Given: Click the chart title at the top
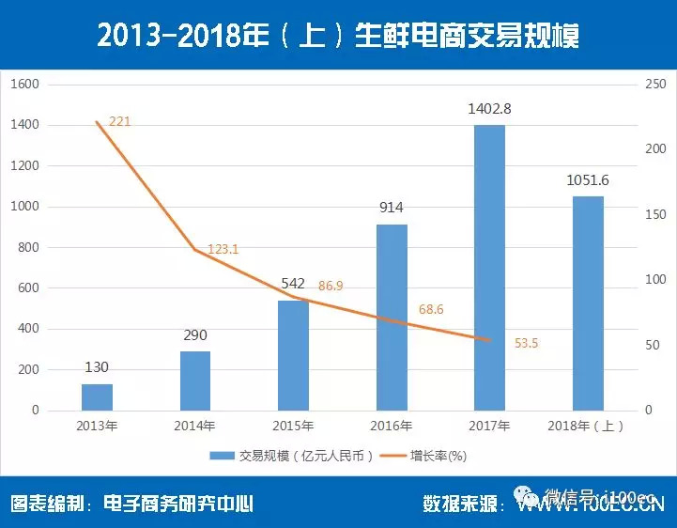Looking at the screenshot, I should point(338,35).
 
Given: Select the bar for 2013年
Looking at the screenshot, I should point(97,396).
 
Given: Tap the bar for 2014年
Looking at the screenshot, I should point(195,380).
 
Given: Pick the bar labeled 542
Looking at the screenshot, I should point(294,355).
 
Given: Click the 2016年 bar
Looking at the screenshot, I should point(392,318).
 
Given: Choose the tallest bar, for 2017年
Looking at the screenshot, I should point(489,268).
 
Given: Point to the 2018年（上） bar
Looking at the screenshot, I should point(588,303).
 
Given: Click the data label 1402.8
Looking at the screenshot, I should point(489,109).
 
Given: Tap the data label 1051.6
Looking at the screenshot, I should point(588,180).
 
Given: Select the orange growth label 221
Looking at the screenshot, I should point(119,122).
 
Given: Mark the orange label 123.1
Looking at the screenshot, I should point(223,249).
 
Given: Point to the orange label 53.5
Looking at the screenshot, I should point(527,343).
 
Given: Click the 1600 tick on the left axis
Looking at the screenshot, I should point(24,84).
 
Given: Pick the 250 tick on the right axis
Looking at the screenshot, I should point(655,84).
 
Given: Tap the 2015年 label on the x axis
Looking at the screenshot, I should point(294,426).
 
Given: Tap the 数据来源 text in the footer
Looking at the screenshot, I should point(459,504).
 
